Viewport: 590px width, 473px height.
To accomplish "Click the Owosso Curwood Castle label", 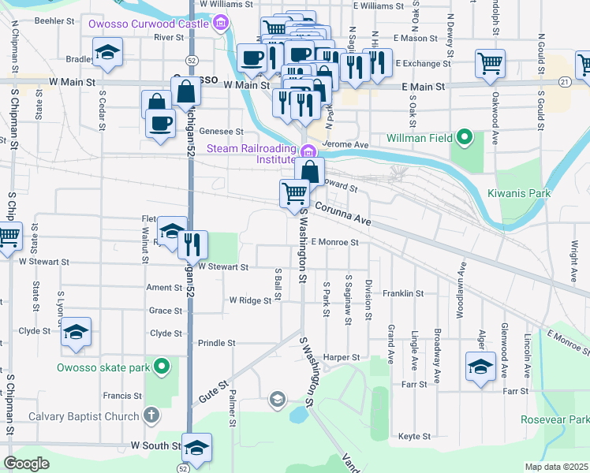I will click(148, 24).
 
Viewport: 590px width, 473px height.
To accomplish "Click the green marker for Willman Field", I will click(465, 139).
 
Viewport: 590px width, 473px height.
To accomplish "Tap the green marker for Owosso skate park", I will click(162, 367).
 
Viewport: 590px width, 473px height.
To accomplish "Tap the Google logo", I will click(27, 464).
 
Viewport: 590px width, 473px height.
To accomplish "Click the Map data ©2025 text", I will click(557, 467).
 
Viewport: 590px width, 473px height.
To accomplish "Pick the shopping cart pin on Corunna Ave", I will click(294, 192).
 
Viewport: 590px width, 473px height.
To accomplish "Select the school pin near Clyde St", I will click(77, 333).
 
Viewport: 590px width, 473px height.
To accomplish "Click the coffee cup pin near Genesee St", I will click(161, 124).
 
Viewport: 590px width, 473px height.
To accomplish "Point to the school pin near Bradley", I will click(107, 55).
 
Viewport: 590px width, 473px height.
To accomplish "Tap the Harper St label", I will click(341, 358).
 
